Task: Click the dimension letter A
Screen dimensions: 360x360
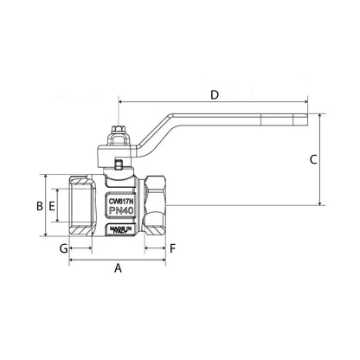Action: click(119, 269)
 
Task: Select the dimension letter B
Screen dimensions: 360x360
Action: click(38, 206)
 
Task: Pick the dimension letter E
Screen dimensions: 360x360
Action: click(53, 206)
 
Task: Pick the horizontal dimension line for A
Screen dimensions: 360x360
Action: click(119, 259)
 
